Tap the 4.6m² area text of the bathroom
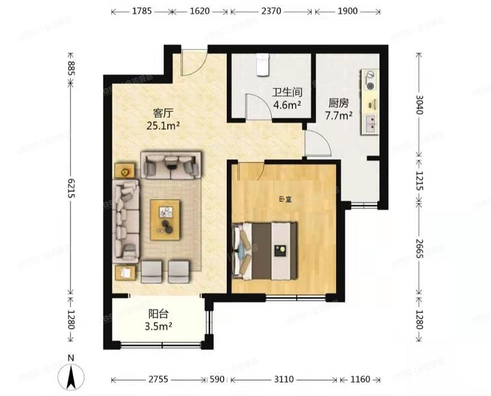[x=286, y=105]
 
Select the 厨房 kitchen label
[x=338, y=103]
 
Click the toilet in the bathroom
[x=262, y=65]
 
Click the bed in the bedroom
[x=265, y=250]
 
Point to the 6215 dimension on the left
[x=71, y=190]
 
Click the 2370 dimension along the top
[x=271, y=11]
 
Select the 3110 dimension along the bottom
[x=284, y=380]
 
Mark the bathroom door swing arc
[x=257, y=106]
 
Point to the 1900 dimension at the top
[x=347, y=11]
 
